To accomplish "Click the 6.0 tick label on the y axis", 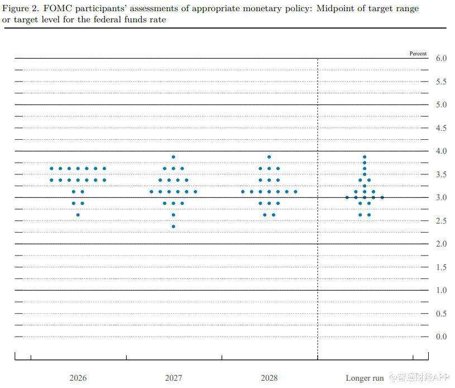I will click(440, 58).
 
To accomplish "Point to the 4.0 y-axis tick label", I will click(440, 151).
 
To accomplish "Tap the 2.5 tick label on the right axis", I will click(440, 221).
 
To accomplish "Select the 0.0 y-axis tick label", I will click(440, 337).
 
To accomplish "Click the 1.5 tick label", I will click(440, 267).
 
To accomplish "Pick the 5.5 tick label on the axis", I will click(440, 82).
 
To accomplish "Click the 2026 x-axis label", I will click(78, 378).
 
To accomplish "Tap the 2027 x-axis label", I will click(173, 378).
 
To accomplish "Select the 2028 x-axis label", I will click(269, 378).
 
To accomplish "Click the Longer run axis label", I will click(365, 378).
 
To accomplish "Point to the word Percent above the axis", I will click(418, 54).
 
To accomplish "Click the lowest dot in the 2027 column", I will click(173, 226).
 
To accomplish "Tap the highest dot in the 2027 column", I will click(173, 157).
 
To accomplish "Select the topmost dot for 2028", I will click(269, 157).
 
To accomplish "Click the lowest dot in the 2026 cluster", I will click(78, 215).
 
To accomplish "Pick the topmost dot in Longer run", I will click(365, 157).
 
